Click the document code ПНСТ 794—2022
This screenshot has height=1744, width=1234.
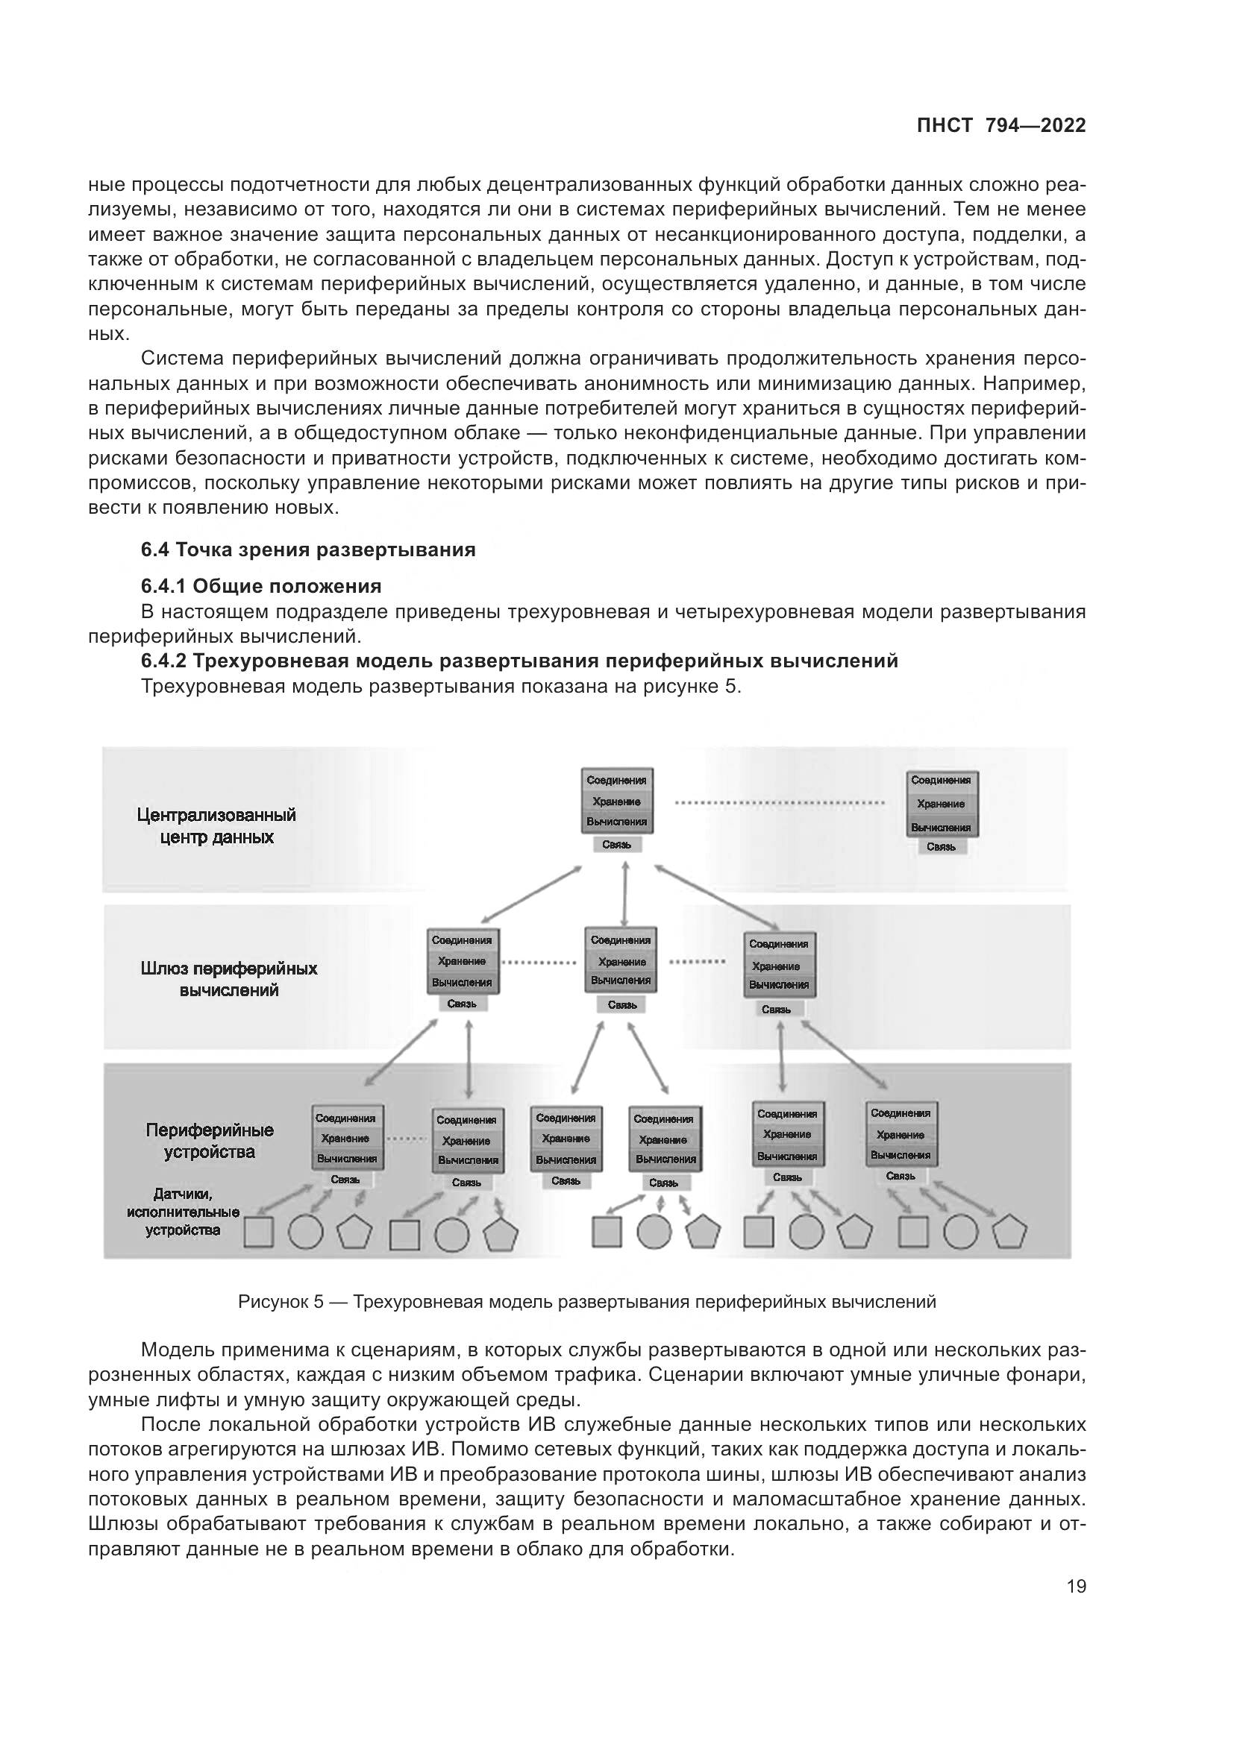(x=1000, y=125)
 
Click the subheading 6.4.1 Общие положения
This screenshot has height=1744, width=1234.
(x=260, y=586)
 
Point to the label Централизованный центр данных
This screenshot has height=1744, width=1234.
(x=216, y=826)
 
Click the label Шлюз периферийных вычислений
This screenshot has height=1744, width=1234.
(x=229, y=979)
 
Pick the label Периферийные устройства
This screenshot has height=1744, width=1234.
(x=210, y=1141)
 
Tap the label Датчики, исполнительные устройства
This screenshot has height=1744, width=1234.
(x=183, y=1212)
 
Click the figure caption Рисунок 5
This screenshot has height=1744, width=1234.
(x=586, y=1302)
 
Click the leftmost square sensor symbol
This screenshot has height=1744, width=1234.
(x=258, y=1232)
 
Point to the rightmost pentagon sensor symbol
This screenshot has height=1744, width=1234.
(x=1010, y=1232)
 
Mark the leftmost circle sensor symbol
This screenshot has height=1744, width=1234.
(x=305, y=1232)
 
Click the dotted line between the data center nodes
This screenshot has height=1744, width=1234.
(x=779, y=802)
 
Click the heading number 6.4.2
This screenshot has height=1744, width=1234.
(x=163, y=661)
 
